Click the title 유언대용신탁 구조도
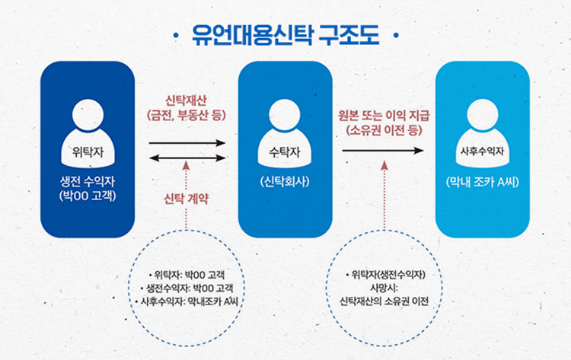click(285, 36)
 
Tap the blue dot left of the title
click(177, 37)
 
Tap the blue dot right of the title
click(395, 37)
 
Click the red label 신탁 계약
click(187, 199)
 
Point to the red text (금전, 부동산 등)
click(187, 116)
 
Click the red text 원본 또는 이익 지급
click(384, 116)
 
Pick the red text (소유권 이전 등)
click(384, 130)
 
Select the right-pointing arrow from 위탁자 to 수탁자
click(187, 142)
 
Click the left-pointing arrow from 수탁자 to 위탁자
click(187, 158)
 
